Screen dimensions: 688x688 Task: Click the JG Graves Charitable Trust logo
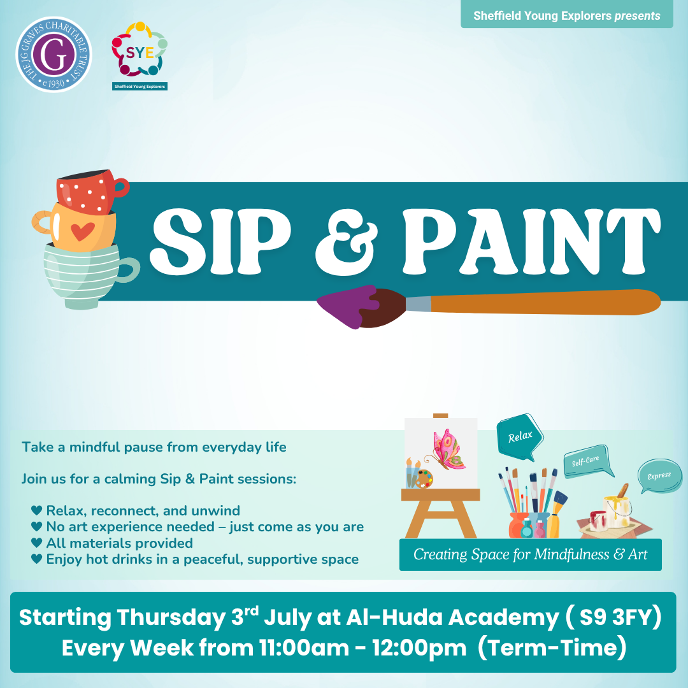(54, 54)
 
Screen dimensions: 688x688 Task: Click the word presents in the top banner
(637, 16)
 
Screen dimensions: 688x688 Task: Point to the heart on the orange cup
(82, 231)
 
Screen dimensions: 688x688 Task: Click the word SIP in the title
(220, 241)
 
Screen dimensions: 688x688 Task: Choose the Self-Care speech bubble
(587, 461)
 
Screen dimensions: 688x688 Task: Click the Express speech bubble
(659, 476)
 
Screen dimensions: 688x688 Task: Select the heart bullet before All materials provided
(37, 543)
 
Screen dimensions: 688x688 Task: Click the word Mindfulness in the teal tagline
(571, 555)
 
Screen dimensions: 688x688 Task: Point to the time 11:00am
(304, 648)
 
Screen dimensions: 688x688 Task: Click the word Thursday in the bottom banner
(171, 618)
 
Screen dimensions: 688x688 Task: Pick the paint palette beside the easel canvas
(424, 479)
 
